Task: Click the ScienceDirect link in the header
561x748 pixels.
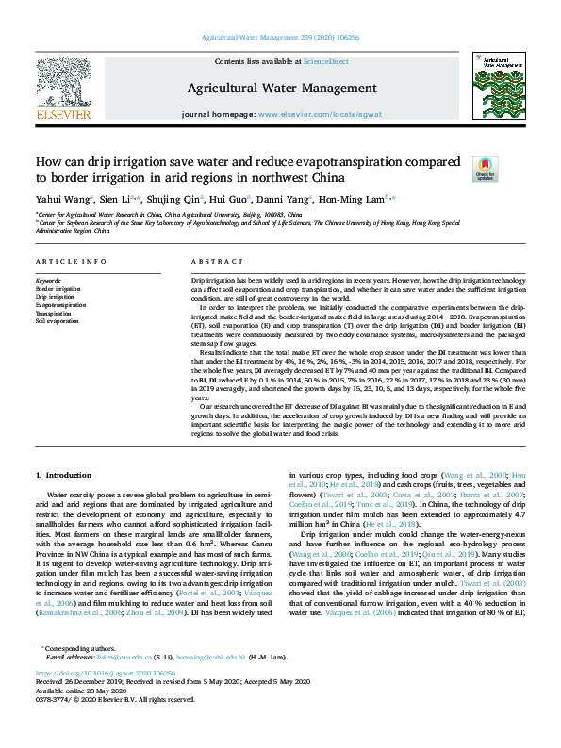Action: coord(325,61)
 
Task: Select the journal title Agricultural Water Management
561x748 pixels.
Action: coord(280,88)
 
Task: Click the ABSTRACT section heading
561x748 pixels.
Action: coord(211,261)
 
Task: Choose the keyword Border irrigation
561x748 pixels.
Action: coord(58,288)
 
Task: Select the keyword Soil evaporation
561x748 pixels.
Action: coord(57,321)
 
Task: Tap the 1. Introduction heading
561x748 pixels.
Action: coord(63,475)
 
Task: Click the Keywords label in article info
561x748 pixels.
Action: coord(48,281)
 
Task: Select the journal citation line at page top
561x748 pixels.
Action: coord(280,37)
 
